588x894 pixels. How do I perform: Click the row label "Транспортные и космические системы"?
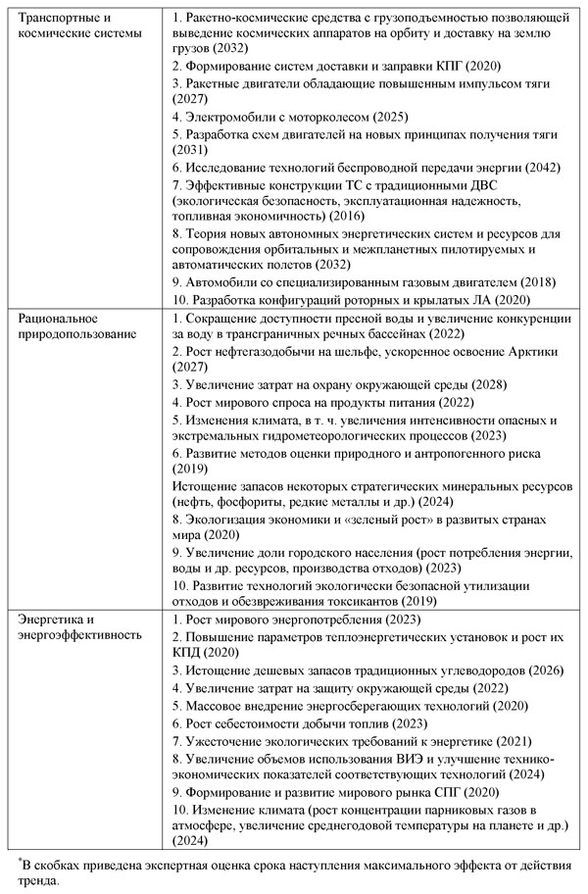pyautogui.click(x=73, y=26)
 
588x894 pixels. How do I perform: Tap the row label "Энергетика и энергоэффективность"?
pyautogui.click(x=71, y=627)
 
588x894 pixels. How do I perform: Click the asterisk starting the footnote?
pyautogui.click(x=19, y=861)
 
